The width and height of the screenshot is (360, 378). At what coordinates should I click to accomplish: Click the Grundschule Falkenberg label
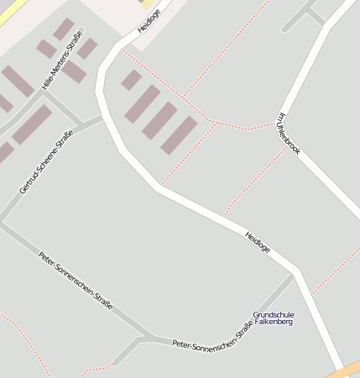point(273,318)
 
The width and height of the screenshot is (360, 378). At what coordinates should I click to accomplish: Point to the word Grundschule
point(273,314)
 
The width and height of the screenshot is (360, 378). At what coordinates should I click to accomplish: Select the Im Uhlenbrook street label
point(288,134)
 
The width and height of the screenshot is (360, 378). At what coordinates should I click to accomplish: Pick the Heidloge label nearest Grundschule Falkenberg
point(258,243)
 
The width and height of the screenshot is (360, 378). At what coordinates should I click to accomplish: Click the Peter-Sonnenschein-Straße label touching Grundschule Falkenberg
point(212,339)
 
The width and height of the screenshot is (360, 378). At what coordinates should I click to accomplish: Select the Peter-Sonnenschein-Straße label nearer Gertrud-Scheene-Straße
point(76,281)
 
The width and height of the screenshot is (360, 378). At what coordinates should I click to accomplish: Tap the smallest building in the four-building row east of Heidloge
point(131,80)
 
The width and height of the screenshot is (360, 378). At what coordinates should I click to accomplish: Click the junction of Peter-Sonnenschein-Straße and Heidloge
point(294,273)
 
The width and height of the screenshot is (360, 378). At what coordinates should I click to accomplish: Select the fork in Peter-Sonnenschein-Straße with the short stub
point(141,338)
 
